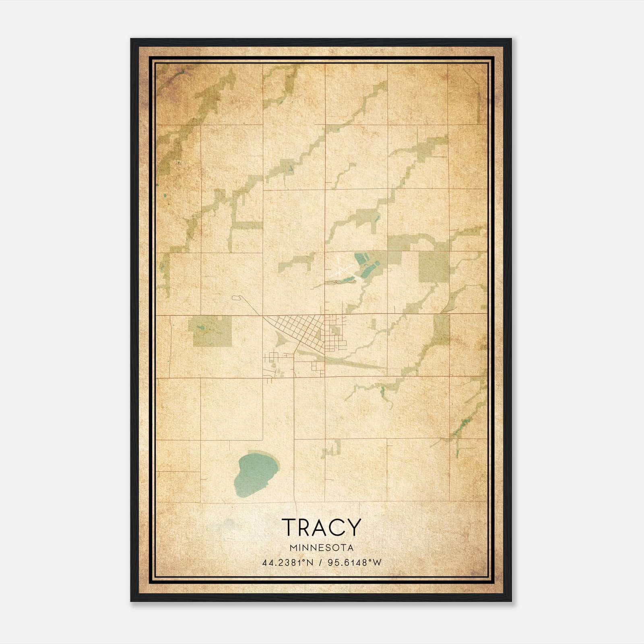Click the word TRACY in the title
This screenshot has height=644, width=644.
tap(321, 527)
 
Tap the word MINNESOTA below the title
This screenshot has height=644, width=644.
tap(321, 548)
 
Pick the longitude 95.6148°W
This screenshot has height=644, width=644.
tap(355, 563)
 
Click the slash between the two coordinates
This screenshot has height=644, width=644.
tap(320, 563)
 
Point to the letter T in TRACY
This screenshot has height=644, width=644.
tap(289, 527)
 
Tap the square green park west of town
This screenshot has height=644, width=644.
tap(211, 331)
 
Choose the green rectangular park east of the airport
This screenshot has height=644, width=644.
tap(434, 266)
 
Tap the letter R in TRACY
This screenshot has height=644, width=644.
tap(305, 527)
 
